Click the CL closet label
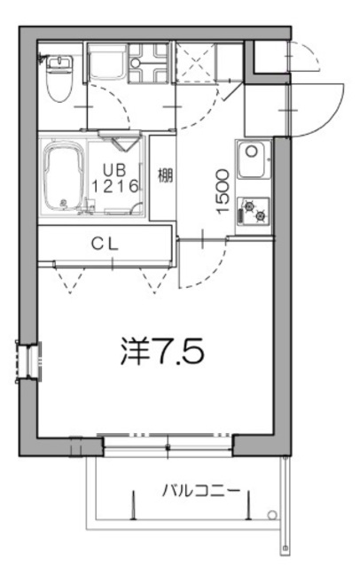(x=105, y=241)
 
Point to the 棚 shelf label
(x=164, y=175)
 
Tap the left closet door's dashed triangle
(x=67, y=278)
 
